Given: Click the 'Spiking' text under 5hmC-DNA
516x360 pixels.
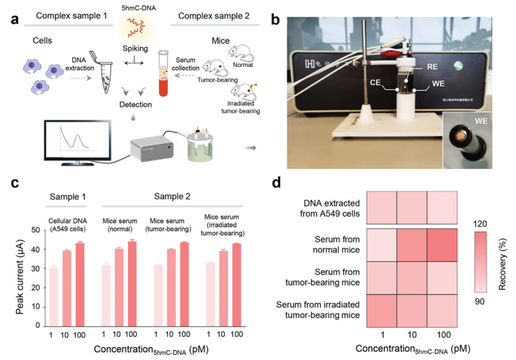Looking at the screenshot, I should point(135,49).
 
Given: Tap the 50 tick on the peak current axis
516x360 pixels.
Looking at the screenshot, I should point(35,230).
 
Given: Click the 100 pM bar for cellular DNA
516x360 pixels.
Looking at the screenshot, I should point(80,284).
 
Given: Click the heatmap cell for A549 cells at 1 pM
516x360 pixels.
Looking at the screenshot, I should point(382,208).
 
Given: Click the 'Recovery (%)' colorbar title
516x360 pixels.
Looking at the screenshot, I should point(502,260).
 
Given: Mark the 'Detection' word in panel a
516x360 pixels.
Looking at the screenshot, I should point(135,105).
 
